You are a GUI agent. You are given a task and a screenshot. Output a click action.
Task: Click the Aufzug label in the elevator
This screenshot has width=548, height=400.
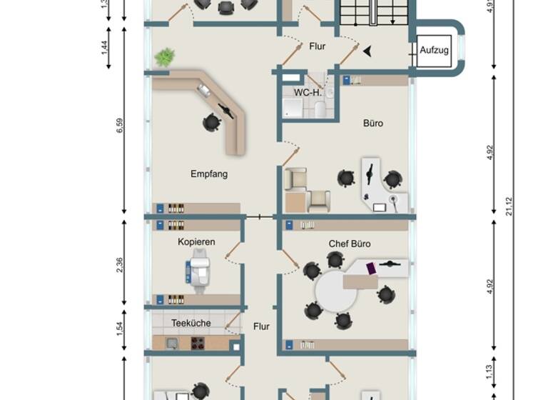pyautogui.click(x=434, y=50)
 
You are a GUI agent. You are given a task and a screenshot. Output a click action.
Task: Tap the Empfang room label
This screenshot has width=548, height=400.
pyautogui.click(x=209, y=174)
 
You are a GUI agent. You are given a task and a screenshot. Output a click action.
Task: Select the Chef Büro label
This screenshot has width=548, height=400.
pyautogui.click(x=349, y=244)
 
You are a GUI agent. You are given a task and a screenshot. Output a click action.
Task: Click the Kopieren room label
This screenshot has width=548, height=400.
pyautogui.click(x=196, y=242)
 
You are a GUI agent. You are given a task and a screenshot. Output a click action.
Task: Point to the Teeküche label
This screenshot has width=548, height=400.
pyautogui.click(x=191, y=323)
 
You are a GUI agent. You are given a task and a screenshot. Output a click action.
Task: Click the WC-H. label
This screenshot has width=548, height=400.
pyautogui.click(x=309, y=92)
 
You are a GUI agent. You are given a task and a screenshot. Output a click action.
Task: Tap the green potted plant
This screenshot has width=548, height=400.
pyautogui.click(x=165, y=56)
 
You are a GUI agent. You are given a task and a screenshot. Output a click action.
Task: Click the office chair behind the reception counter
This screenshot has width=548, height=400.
pyautogui.click(x=212, y=123)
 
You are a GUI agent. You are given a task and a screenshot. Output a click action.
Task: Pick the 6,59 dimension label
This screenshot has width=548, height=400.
pyautogui.click(x=120, y=126)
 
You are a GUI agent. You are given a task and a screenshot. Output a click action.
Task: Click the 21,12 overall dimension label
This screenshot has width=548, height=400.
pyautogui.click(x=508, y=206)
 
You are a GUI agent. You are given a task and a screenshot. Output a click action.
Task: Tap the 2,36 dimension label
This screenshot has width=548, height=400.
pyautogui.click(x=120, y=264)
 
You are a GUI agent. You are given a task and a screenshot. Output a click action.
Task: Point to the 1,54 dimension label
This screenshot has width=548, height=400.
pyautogui.click(x=120, y=328)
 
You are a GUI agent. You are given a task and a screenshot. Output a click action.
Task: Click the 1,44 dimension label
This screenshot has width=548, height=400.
pyautogui.click(x=105, y=49)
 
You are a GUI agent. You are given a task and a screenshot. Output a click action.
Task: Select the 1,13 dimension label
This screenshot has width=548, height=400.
pyautogui.click(x=489, y=371)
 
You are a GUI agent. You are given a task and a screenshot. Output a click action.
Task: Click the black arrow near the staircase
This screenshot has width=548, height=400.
pyautogui.click(x=367, y=51)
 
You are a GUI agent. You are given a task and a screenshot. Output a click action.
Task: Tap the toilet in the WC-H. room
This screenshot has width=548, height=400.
pyautogui.click(x=320, y=109)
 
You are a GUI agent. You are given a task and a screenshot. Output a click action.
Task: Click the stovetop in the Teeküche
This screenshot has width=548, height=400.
pyautogui.click(x=198, y=344)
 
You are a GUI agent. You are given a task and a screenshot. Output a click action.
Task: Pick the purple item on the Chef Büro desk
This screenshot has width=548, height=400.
pyautogui.click(x=371, y=269)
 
